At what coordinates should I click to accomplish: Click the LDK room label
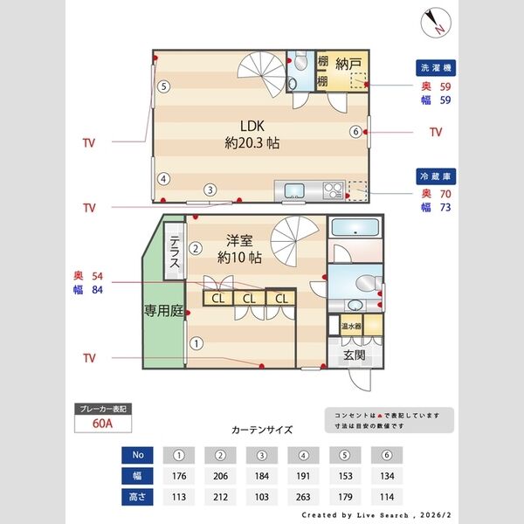[252, 128]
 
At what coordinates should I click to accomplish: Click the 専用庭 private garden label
[162, 311]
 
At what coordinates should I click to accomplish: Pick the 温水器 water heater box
[351, 326]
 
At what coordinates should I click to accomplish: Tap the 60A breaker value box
[104, 424]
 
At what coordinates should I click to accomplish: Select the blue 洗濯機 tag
[435, 67]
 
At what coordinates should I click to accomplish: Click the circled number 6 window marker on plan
[355, 132]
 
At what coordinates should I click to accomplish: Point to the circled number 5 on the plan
[163, 86]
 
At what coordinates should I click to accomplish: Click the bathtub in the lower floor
[355, 230]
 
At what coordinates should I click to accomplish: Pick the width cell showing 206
[221, 477]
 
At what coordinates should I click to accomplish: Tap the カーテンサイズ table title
[262, 430]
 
